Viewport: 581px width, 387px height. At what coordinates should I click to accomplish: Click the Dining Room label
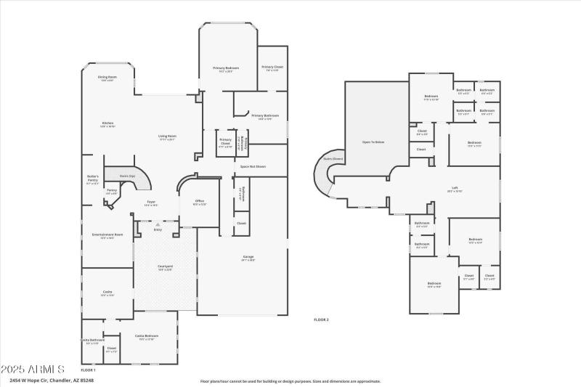(107, 77)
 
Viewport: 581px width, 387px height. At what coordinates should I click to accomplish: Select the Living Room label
(168, 137)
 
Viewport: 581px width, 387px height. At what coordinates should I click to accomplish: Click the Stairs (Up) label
(128, 176)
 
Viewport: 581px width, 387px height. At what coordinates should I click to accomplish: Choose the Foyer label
(151, 203)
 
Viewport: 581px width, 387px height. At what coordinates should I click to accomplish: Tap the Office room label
(199, 203)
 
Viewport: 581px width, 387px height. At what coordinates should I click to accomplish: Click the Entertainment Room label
(107, 235)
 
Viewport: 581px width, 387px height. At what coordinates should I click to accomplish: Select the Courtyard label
(165, 267)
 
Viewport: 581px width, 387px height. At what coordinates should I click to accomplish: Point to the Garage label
(248, 258)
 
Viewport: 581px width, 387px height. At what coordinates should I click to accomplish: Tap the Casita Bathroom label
(92, 341)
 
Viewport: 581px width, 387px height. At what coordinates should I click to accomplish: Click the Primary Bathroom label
(265, 116)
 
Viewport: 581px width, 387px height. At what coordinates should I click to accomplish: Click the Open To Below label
(373, 142)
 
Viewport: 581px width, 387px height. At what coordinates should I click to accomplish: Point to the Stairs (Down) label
(333, 158)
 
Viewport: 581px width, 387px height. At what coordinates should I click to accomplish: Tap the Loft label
(455, 190)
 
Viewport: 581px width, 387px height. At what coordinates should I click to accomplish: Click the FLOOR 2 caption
(321, 319)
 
